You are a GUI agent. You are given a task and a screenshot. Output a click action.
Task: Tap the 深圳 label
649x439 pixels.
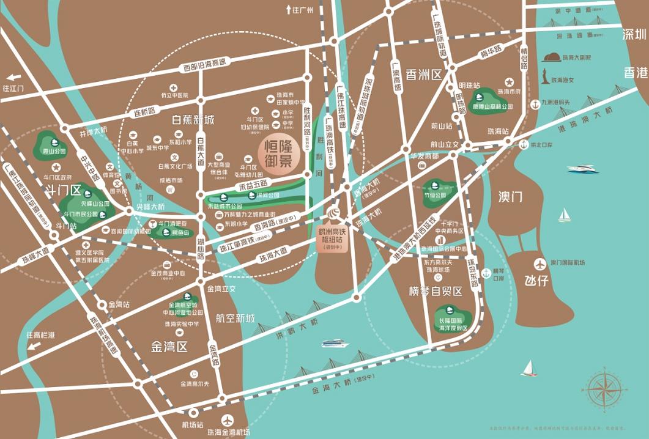click(x=634, y=34)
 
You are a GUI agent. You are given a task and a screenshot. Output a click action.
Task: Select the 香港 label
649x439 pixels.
click(x=635, y=72)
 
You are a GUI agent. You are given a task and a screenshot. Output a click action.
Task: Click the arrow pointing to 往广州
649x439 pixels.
click(x=288, y=10)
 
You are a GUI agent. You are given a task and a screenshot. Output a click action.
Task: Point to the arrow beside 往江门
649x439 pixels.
click(x=11, y=78)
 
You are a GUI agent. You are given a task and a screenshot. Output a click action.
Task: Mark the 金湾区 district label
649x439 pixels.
click(x=169, y=347)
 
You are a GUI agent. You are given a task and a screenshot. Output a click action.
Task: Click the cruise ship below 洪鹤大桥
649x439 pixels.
click(x=335, y=344)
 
